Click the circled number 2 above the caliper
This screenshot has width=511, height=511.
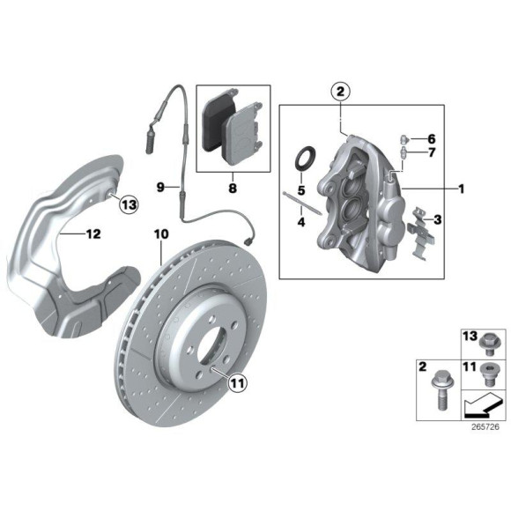(x=341, y=91)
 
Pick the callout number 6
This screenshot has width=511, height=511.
(x=432, y=138)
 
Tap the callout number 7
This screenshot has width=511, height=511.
(x=432, y=153)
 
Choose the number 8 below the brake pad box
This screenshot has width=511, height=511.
(x=232, y=187)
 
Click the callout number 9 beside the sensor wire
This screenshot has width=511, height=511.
(x=161, y=187)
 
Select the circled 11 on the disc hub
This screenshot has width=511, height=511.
(x=236, y=382)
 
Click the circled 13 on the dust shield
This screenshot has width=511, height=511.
(x=130, y=204)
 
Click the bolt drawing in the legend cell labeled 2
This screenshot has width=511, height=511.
(x=438, y=387)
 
